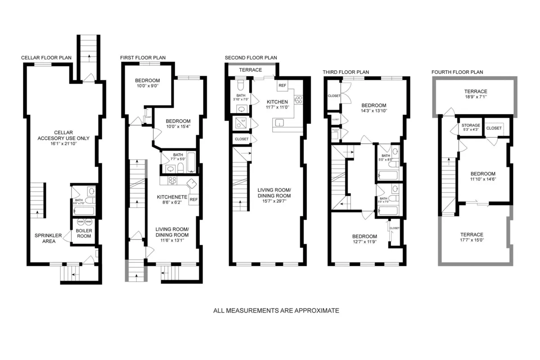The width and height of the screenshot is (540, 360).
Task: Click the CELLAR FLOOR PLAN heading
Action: (x=46, y=58)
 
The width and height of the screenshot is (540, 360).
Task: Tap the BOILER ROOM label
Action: (x=84, y=234)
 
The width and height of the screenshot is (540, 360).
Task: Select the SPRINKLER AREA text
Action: (x=45, y=238)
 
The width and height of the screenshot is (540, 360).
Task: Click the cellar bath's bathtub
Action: (x=83, y=210)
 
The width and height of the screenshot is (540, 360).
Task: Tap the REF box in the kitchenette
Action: (x=194, y=199)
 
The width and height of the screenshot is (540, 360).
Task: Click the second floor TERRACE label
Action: (x=250, y=70)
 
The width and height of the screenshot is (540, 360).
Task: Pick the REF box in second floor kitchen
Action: (x=282, y=85)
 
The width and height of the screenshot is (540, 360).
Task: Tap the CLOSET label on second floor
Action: (x=242, y=139)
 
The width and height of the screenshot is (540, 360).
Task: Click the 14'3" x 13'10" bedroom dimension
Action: (x=373, y=111)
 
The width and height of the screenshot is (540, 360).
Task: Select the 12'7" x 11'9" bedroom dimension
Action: (x=364, y=242)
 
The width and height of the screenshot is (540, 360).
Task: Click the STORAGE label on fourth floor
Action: (x=471, y=126)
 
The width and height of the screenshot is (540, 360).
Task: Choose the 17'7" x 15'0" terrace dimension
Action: (x=472, y=240)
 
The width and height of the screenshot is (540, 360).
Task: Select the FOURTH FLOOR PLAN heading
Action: (x=457, y=72)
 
